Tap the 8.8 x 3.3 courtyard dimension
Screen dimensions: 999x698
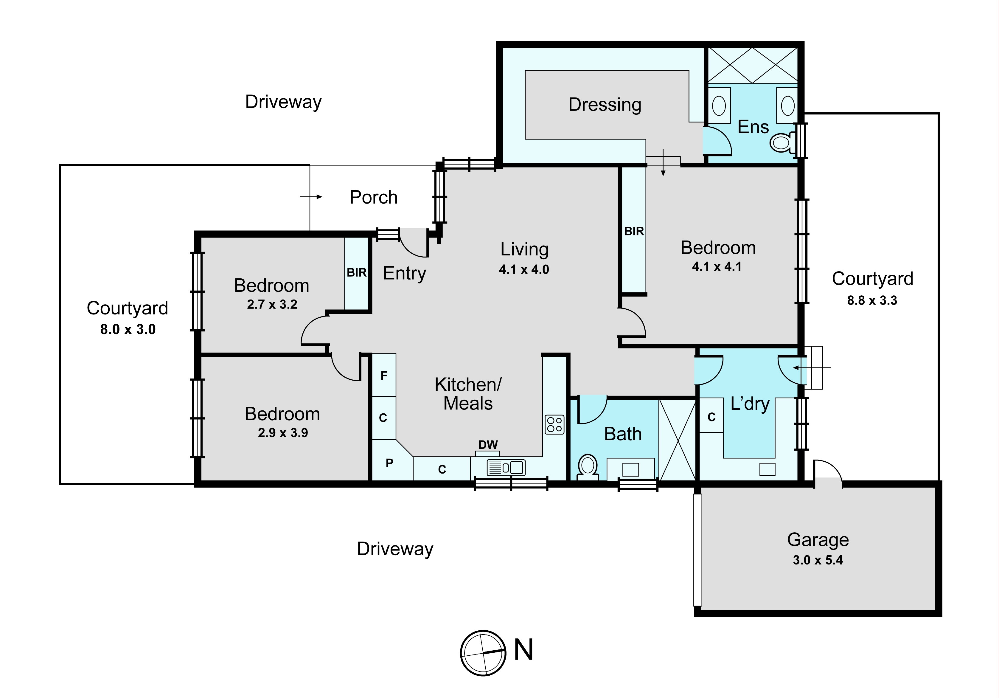[x=872, y=300]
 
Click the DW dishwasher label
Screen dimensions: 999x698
[x=488, y=445]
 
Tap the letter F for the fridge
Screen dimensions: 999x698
[x=384, y=376]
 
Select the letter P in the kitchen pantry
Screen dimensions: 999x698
[x=389, y=463]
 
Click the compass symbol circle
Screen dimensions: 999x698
[x=483, y=653]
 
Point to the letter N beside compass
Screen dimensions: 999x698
[x=523, y=650]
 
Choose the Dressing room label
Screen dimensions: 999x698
[x=605, y=105]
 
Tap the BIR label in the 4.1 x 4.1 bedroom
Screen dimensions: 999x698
[x=634, y=231]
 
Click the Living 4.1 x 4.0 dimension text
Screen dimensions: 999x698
[x=524, y=269]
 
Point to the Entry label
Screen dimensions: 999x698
[x=404, y=274]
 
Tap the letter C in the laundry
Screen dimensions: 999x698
[x=711, y=417]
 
